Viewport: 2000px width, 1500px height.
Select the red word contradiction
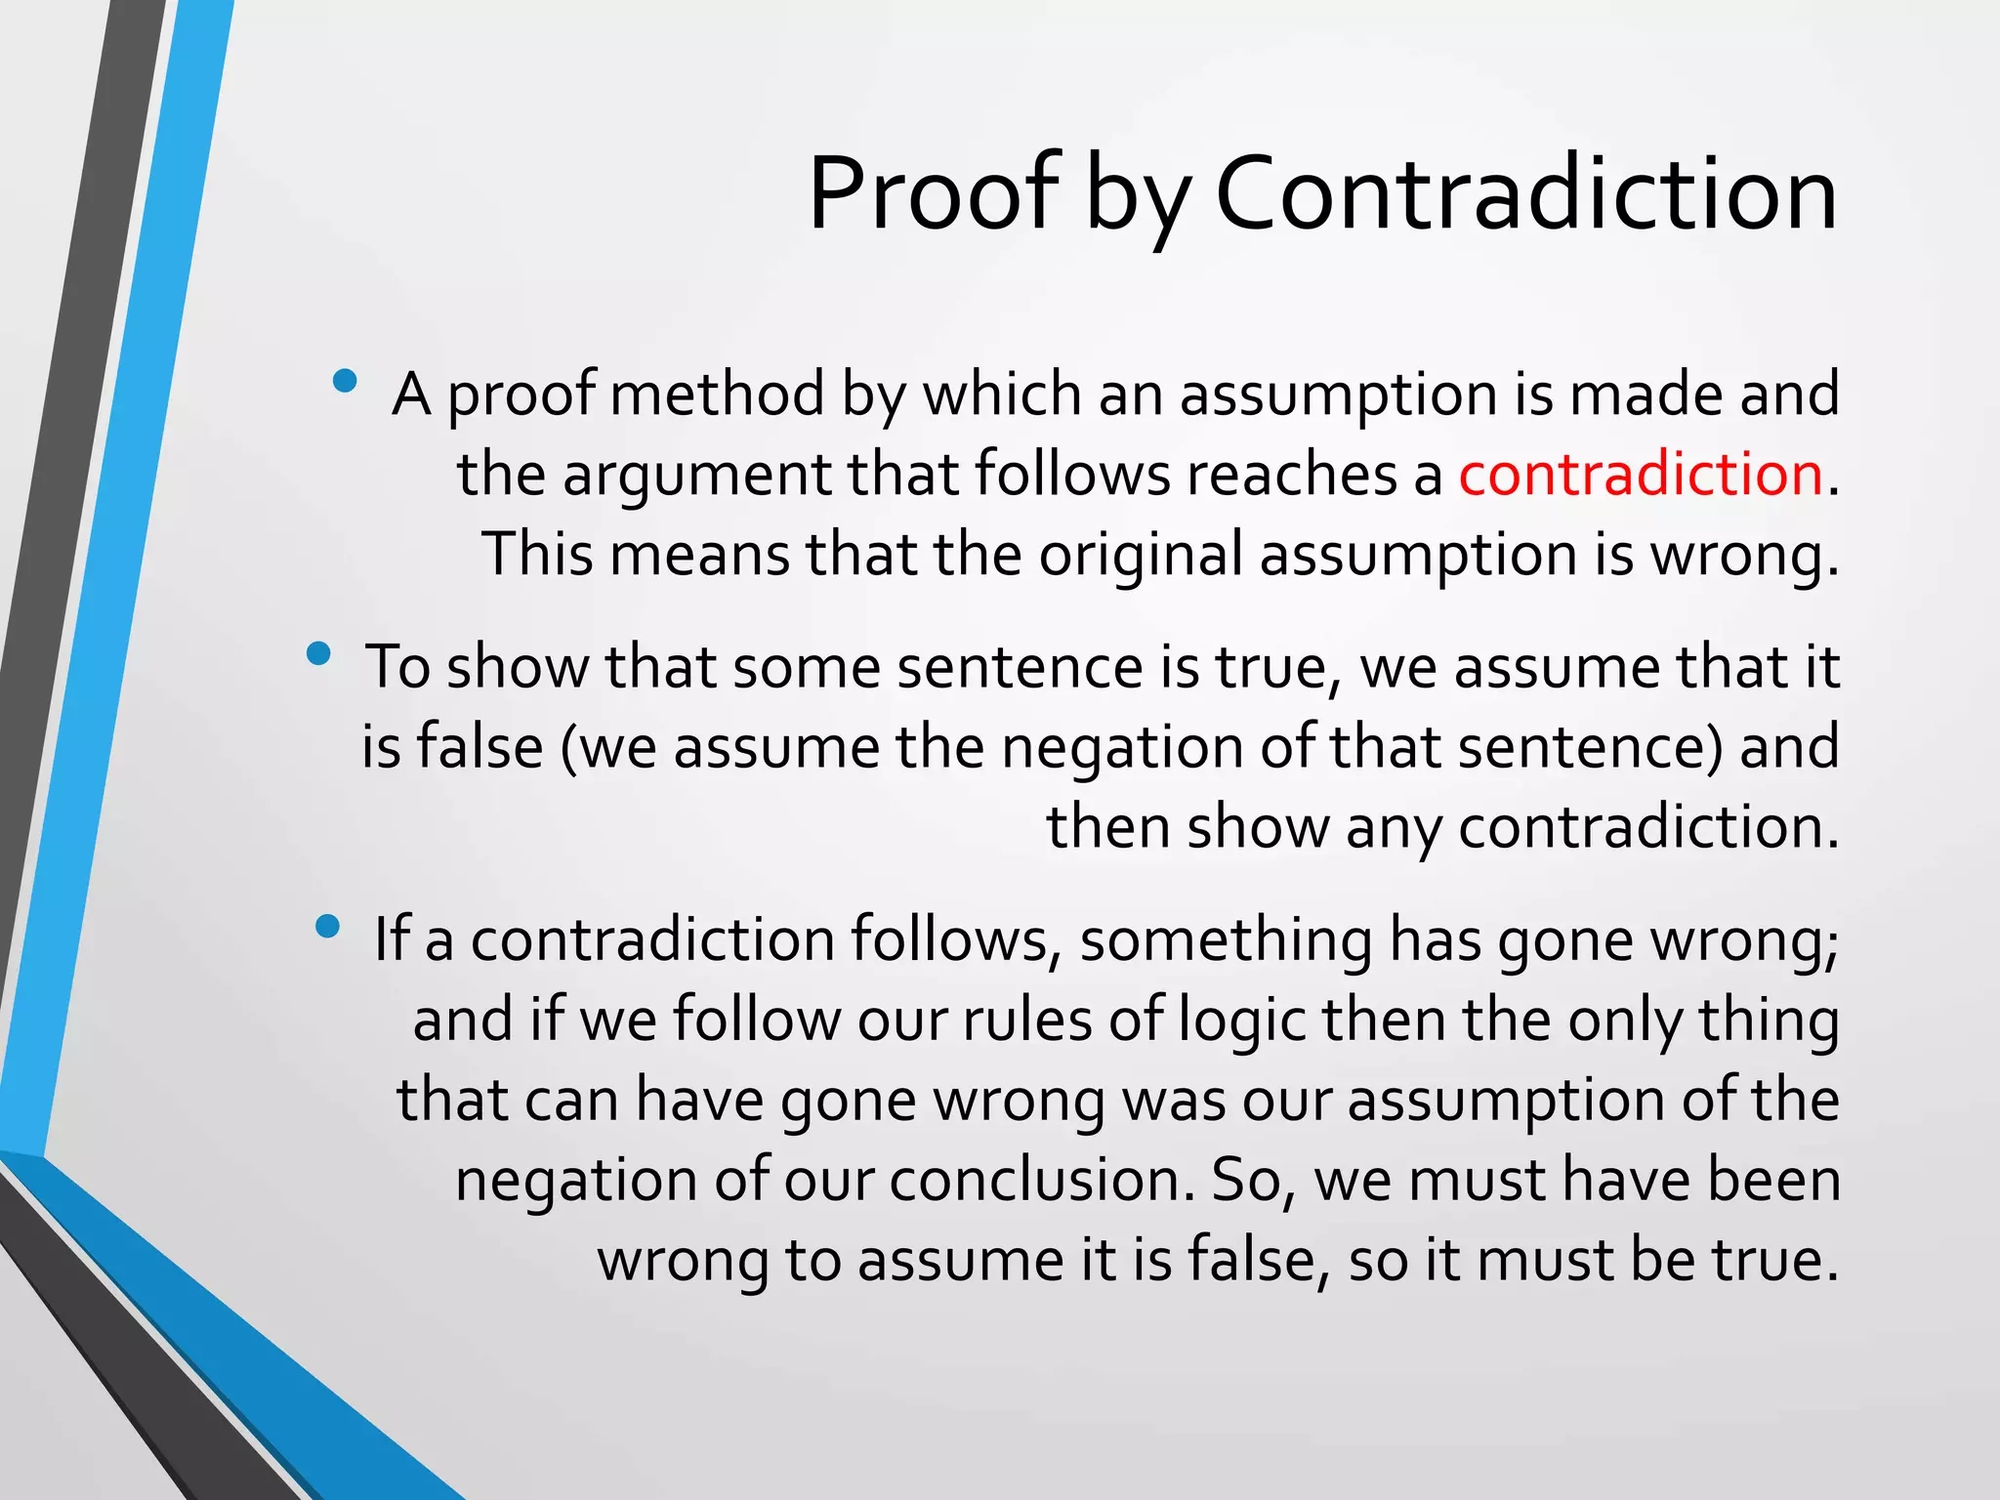[1641, 475]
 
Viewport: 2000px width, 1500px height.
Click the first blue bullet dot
[344, 381]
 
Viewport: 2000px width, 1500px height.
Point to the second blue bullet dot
[317, 654]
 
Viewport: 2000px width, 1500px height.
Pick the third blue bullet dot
[328, 926]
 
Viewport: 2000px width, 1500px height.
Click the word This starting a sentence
[537, 555]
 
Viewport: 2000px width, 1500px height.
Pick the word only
[1625, 1021]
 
